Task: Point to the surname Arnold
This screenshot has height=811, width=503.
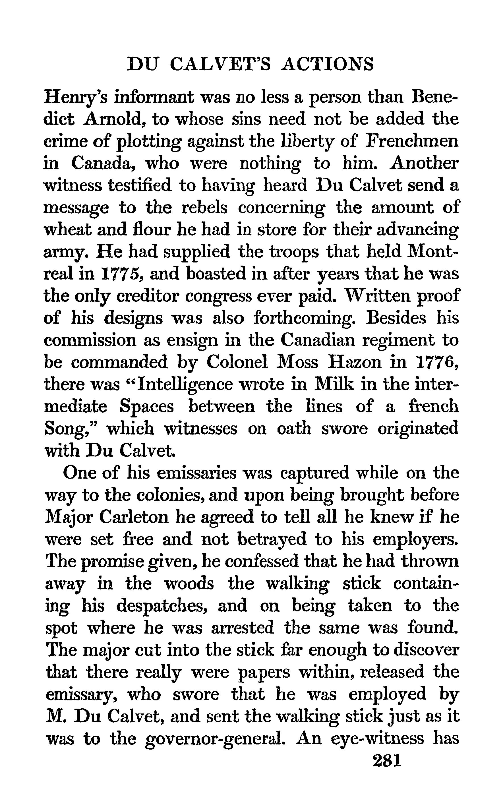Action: coord(114,119)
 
